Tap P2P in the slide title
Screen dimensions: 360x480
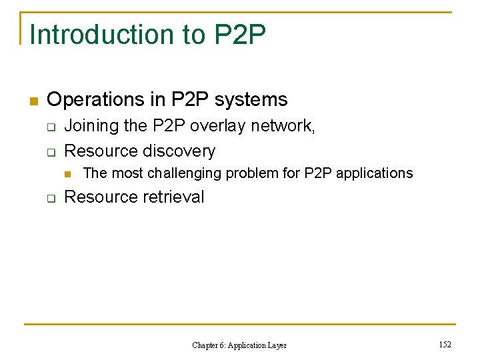coord(240,35)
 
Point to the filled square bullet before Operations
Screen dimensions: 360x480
coord(33,101)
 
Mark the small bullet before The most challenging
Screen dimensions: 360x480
coord(67,174)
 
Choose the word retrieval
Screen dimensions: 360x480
coord(173,197)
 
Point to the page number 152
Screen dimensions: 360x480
coord(445,345)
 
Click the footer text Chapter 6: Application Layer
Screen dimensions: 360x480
coord(239,345)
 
